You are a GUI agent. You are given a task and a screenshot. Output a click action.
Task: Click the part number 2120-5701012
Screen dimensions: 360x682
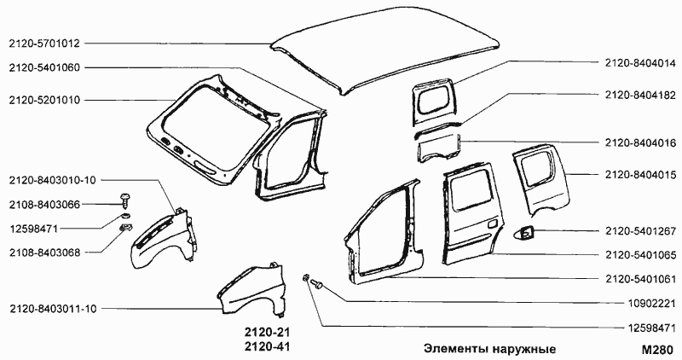pyautogui.click(x=44, y=43)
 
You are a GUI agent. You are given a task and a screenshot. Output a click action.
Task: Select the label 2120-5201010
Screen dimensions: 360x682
pyautogui.click(x=44, y=100)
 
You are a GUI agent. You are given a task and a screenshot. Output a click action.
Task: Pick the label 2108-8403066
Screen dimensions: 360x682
pyautogui.click(x=44, y=204)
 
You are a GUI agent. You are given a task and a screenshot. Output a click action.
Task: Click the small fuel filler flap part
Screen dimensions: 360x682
pyautogui.click(x=527, y=231)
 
